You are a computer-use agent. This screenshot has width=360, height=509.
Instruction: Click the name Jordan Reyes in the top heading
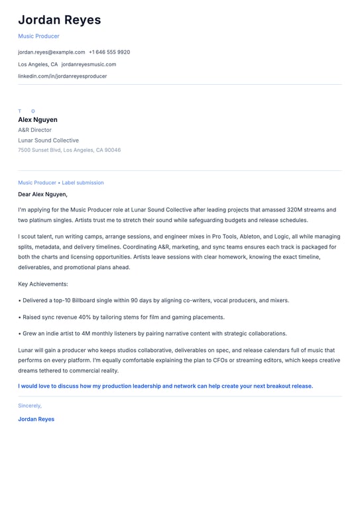pos(60,20)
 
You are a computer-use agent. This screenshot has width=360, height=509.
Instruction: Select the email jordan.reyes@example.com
pos(52,52)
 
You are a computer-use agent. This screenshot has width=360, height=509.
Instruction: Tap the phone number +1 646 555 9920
pos(109,52)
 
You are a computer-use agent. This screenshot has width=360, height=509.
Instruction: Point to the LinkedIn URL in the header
pos(62,76)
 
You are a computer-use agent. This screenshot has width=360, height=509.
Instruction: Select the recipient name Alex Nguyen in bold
pos(38,120)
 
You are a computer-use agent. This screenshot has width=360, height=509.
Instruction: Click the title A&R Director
pos(34,130)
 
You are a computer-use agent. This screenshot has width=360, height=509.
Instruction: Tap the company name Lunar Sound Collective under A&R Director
pos(48,141)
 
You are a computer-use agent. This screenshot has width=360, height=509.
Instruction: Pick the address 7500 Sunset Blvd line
pos(69,150)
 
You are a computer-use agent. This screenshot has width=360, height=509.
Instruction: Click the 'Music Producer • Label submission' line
pos(61,182)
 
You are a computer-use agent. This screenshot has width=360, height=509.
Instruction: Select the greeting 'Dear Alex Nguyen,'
pos(42,194)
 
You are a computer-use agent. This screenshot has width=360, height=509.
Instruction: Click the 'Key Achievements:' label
pos(43,284)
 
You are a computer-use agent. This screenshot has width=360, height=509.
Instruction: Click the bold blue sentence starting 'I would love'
pos(165,386)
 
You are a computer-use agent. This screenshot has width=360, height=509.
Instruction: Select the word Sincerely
pos(30,405)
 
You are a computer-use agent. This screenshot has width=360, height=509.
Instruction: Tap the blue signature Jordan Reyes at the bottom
pos(36,419)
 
